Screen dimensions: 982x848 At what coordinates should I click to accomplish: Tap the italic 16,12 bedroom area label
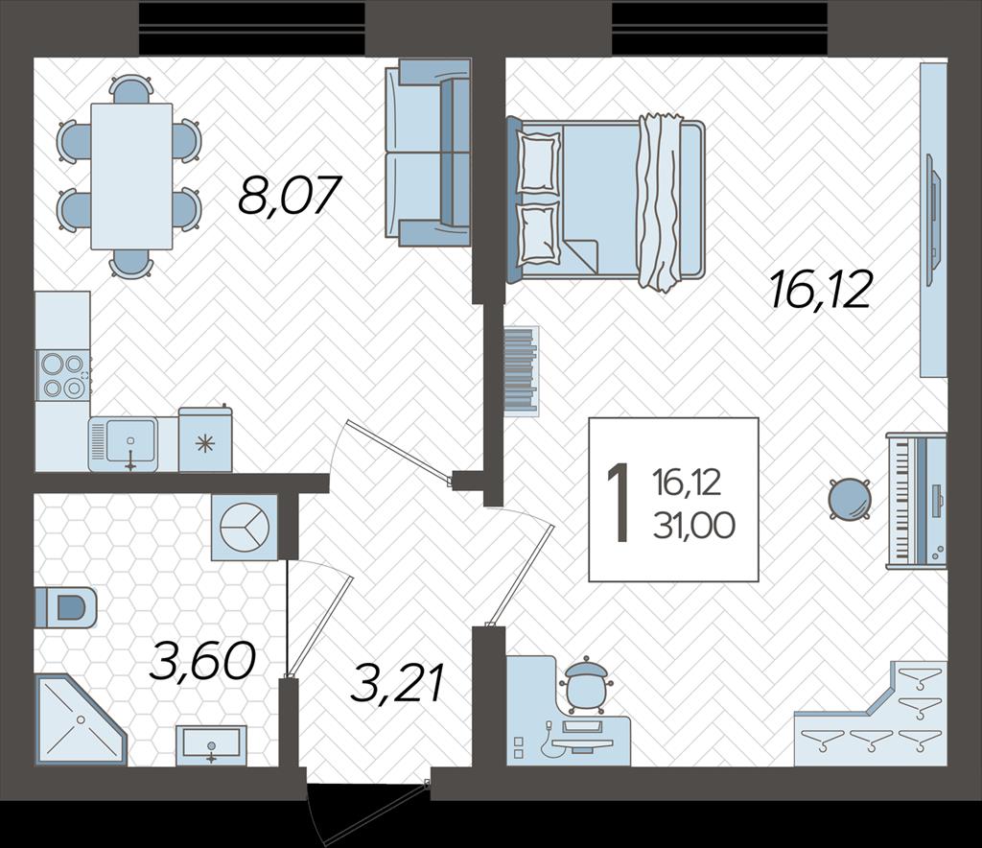821,291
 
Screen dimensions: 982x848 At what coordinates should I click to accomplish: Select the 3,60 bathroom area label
203,662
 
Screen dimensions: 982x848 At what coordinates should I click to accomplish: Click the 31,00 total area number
694,525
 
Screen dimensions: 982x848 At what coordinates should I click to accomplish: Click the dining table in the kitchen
131,177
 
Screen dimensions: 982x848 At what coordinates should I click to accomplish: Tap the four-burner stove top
62,376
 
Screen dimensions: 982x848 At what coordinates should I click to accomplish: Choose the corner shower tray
81,720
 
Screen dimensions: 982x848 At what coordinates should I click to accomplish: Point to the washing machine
245,527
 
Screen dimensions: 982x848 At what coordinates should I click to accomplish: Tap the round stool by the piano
850,499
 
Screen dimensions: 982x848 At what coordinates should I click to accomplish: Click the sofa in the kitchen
427,153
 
